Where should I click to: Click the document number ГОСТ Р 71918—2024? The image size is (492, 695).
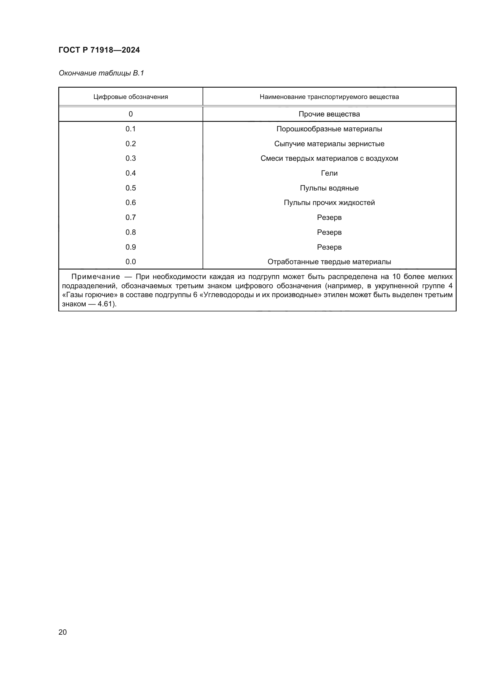point(99,50)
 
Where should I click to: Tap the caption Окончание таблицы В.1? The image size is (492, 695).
point(101,73)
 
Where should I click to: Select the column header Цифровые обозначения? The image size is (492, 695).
point(131,97)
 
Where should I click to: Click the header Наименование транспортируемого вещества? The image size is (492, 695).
point(329,97)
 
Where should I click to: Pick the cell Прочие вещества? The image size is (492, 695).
point(329,114)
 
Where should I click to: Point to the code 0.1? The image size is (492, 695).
point(131,129)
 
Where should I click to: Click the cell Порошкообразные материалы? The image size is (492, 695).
point(329,129)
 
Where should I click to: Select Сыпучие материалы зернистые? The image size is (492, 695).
point(329,144)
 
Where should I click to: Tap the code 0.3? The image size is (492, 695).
point(131,158)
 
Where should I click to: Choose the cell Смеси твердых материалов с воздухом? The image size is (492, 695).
point(329,158)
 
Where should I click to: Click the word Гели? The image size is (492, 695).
point(329,173)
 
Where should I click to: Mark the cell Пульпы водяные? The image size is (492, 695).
point(329,188)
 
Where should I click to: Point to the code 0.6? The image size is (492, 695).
point(131,203)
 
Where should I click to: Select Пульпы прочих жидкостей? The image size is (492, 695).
point(329,203)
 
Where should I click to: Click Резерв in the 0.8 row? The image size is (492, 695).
point(329,232)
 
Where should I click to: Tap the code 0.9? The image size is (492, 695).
point(131,247)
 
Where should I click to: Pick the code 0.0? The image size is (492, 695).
point(131,262)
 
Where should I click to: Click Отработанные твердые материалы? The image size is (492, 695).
point(329,262)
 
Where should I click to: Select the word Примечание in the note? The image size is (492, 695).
point(95,277)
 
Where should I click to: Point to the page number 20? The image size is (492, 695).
point(63,632)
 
